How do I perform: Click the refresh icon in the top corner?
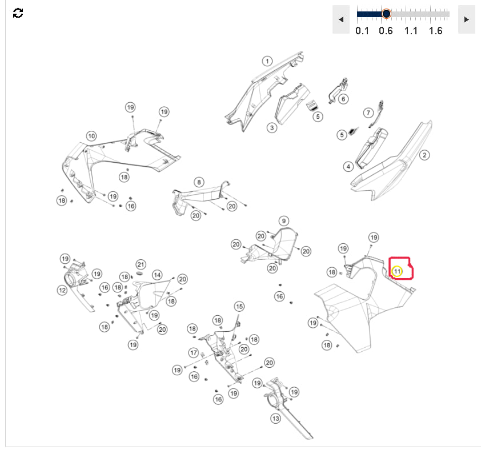(18, 13)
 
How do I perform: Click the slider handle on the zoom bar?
(386, 14)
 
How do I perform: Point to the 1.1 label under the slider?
(411, 31)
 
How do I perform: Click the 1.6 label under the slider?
(436, 31)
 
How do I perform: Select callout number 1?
(267, 61)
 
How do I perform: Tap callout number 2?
(424, 155)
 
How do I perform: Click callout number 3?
(272, 127)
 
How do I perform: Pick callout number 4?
(348, 167)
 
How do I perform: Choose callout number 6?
(343, 99)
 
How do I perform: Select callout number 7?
(368, 113)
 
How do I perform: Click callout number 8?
(199, 182)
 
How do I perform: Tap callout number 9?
(284, 221)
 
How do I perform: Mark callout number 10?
(91, 136)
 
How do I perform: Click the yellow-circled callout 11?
(397, 271)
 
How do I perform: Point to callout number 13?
(276, 419)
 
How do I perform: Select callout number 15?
(239, 306)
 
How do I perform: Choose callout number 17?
(193, 352)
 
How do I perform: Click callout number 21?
(141, 264)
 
